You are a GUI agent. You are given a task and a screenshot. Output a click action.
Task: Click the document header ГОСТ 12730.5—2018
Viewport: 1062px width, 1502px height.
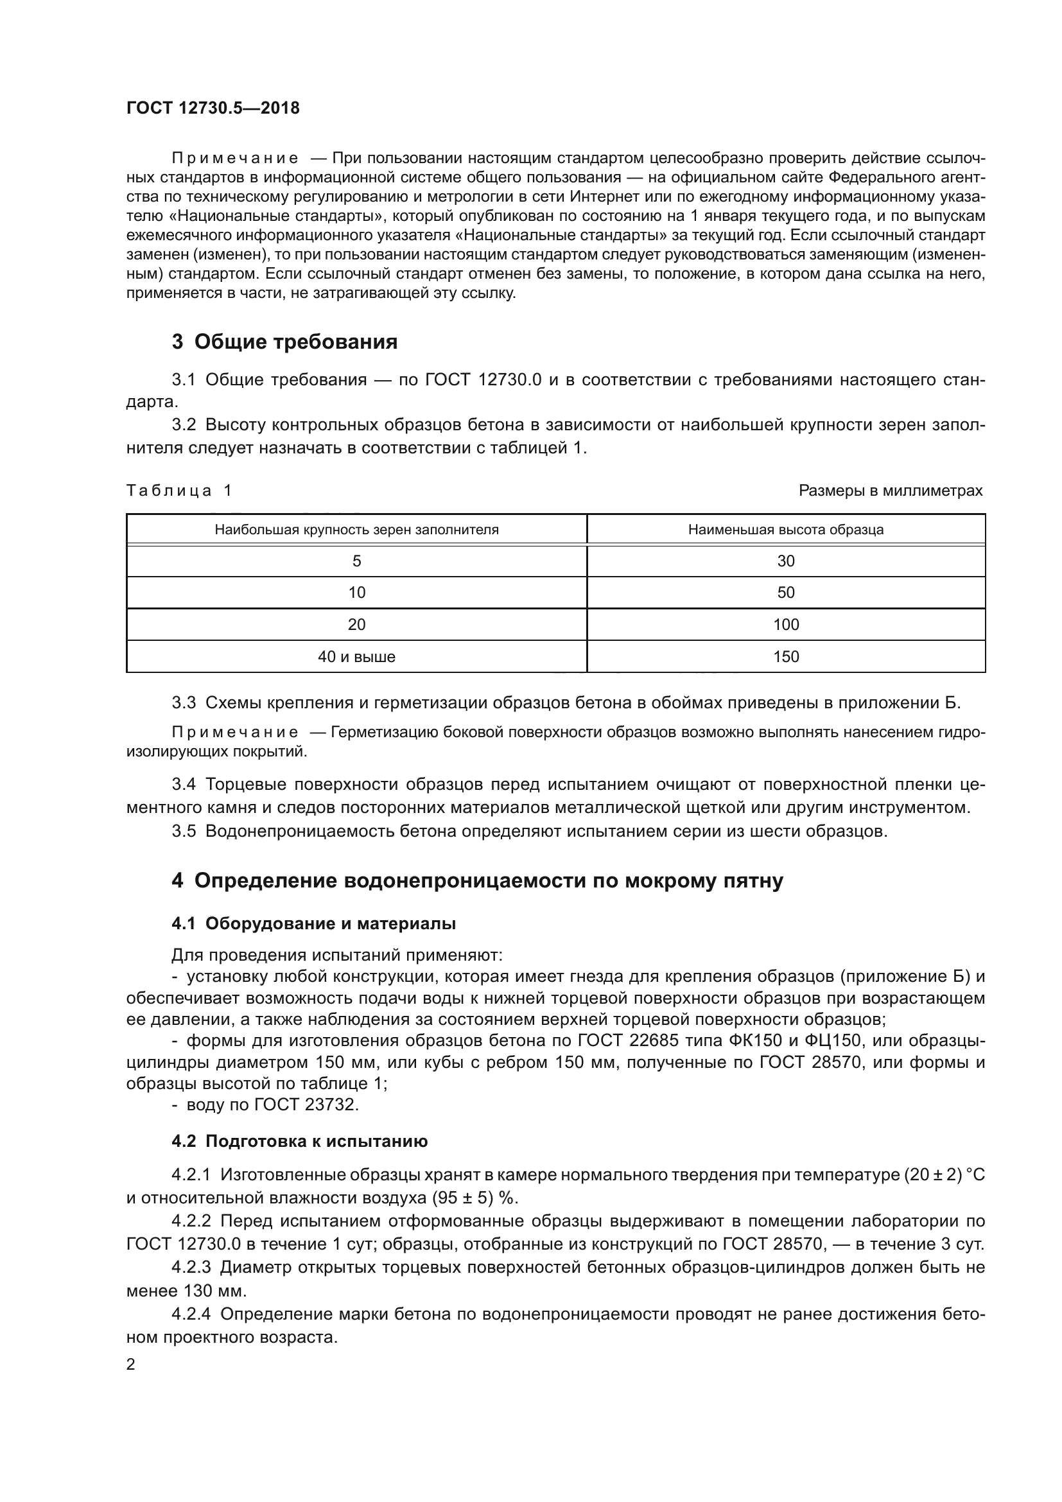point(213,108)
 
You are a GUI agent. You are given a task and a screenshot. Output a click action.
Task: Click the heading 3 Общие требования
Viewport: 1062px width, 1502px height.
point(284,342)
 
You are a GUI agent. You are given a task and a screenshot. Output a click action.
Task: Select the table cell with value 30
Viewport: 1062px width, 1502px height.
point(785,561)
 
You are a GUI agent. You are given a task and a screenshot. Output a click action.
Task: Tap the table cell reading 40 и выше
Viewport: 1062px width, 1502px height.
point(356,656)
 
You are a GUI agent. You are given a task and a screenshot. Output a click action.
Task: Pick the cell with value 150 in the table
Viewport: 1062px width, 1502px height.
point(785,656)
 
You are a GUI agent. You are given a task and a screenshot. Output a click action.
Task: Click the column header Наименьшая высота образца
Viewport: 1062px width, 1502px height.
point(785,529)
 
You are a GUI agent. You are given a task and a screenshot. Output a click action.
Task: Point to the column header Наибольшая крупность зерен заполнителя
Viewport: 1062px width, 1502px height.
point(356,529)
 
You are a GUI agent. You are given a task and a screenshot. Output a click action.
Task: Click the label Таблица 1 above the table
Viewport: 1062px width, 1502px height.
point(178,491)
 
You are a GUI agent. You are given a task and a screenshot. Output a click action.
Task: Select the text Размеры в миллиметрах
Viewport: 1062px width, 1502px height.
point(890,491)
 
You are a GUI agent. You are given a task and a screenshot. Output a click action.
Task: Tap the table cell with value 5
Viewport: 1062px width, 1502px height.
point(356,561)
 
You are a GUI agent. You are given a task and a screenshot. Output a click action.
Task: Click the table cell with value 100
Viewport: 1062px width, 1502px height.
point(785,624)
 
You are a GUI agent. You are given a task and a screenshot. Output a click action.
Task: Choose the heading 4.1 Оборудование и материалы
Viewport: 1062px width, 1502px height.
point(313,923)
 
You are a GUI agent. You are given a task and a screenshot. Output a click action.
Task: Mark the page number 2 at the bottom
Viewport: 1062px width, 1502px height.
point(131,1364)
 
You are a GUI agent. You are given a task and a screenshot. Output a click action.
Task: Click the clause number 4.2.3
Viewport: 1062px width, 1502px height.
point(191,1267)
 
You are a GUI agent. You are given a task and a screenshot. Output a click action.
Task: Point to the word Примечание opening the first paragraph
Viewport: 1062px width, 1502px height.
point(235,159)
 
